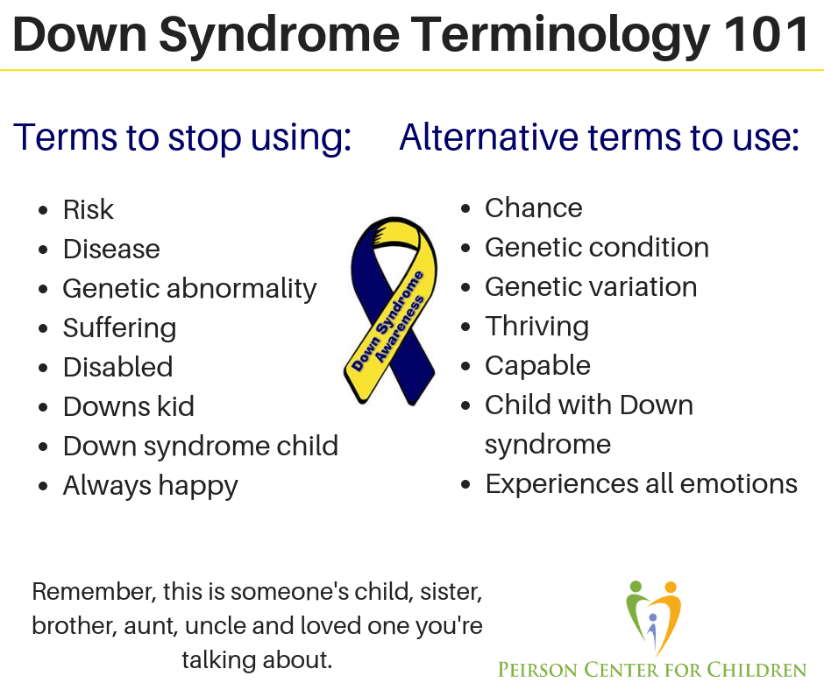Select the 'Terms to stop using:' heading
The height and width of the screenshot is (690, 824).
click(x=182, y=137)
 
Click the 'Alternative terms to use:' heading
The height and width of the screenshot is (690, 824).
click(x=599, y=137)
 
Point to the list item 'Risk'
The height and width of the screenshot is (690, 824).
click(x=88, y=209)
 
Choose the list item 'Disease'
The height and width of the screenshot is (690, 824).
click(x=111, y=249)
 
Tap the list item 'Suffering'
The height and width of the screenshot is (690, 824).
click(x=119, y=328)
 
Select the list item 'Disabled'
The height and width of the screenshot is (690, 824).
click(x=117, y=367)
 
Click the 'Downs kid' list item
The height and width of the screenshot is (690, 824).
click(x=129, y=406)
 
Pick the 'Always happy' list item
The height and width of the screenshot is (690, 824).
click(x=150, y=486)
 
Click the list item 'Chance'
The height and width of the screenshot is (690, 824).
click(x=533, y=208)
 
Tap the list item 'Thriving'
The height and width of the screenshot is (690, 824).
click(x=536, y=327)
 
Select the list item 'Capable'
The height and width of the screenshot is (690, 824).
click(x=537, y=366)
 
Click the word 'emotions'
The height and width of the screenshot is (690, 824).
click(x=738, y=484)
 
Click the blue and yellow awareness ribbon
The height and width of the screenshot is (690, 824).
click(x=390, y=311)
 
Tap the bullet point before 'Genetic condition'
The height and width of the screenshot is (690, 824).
click(x=465, y=248)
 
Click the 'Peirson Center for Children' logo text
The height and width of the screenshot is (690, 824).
click(x=651, y=670)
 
